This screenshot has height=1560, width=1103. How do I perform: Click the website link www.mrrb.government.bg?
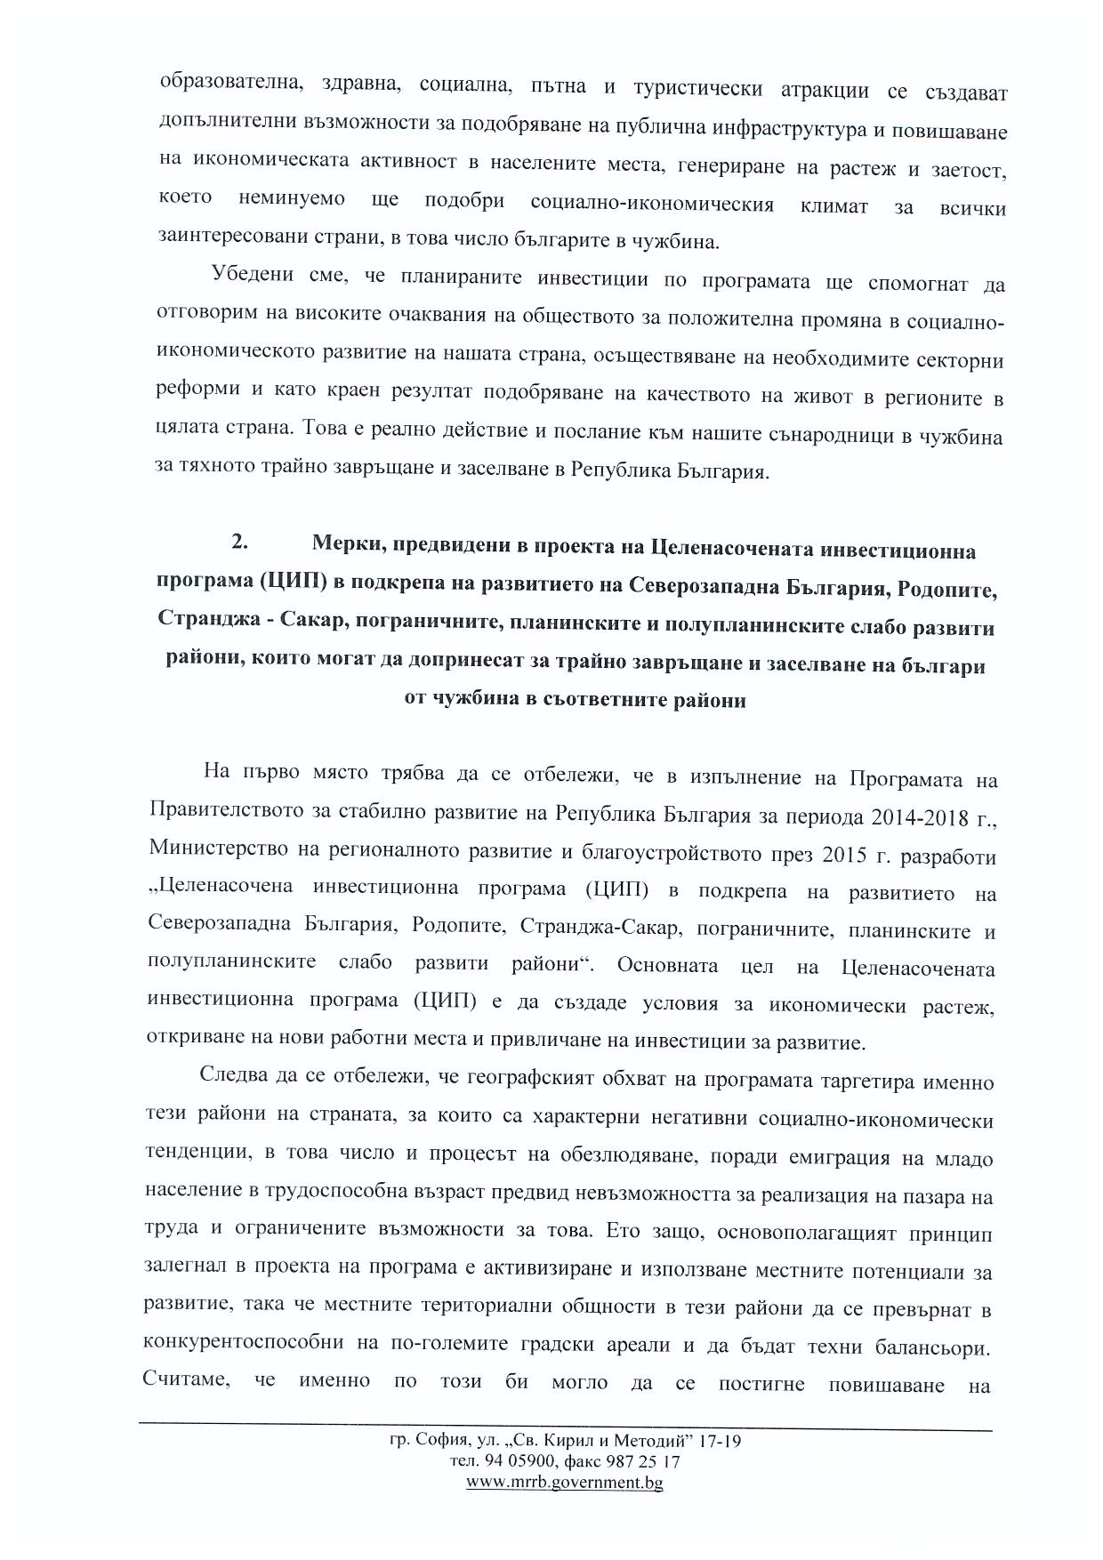pyautogui.click(x=565, y=1482)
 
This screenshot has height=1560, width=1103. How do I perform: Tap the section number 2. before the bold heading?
pyautogui.click(x=239, y=542)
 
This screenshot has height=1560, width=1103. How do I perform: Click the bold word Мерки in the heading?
pyautogui.click(x=344, y=550)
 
